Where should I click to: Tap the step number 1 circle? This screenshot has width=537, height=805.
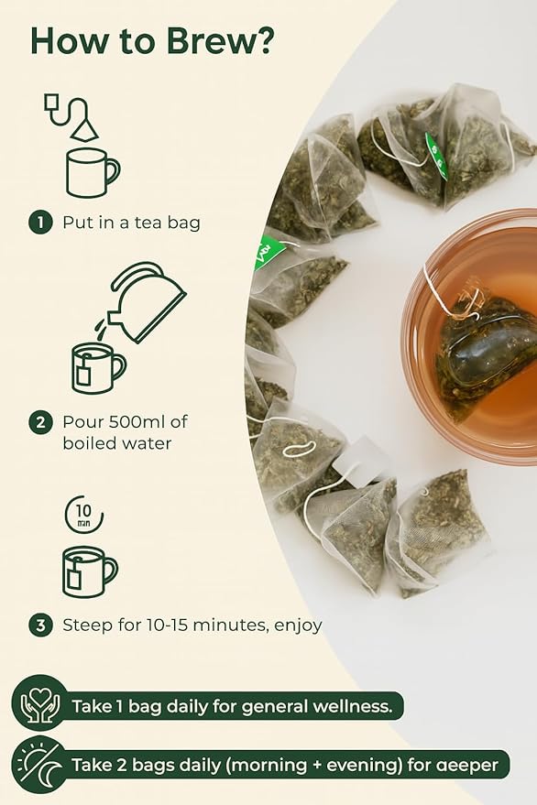point(39,223)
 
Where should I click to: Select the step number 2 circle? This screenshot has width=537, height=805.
point(39,423)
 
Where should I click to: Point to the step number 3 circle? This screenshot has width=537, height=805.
point(39,626)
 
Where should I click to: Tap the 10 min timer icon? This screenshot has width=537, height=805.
point(83,514)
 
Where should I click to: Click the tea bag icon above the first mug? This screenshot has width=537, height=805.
point(71,115)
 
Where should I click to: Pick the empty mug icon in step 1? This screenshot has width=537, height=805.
point(92,172)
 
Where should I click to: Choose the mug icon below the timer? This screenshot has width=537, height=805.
point(89,571)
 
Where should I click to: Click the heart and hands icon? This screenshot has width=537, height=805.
point(39,705)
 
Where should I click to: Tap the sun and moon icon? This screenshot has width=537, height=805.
point(39,764)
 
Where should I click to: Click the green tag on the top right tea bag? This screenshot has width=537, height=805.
point(436,155)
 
